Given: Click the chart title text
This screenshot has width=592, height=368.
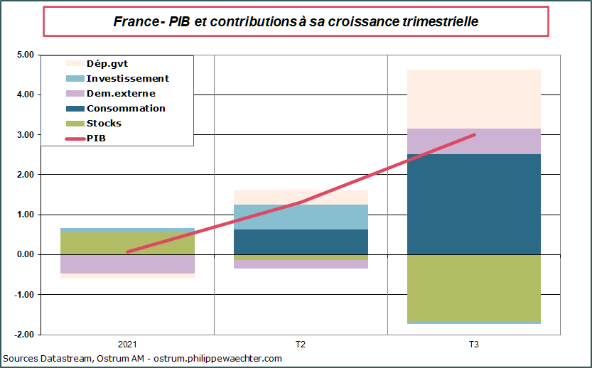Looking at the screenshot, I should [296, 21].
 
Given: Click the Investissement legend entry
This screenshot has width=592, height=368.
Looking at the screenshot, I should [127, 79].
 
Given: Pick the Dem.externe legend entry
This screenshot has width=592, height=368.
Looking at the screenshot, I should [120, 94].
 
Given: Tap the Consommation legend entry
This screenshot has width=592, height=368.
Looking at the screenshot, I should [125, 109].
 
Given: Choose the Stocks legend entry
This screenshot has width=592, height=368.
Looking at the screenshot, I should [104, 124].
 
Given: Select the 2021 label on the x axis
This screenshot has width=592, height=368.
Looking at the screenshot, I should [127, 345].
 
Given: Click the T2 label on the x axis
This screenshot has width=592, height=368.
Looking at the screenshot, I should [301, 345].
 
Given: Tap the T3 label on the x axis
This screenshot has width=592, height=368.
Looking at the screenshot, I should [473, 345].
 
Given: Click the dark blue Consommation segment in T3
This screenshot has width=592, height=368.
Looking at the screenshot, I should [473, 204].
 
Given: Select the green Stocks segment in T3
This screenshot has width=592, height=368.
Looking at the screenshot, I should [473, 288].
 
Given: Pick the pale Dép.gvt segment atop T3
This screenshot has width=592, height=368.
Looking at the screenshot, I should [473, 99].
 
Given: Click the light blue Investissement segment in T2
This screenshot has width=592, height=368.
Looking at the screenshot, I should [301, 217].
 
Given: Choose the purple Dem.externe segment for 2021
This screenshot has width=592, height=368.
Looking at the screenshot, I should [127, 264].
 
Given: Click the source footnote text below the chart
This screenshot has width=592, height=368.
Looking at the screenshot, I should [142, 359].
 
